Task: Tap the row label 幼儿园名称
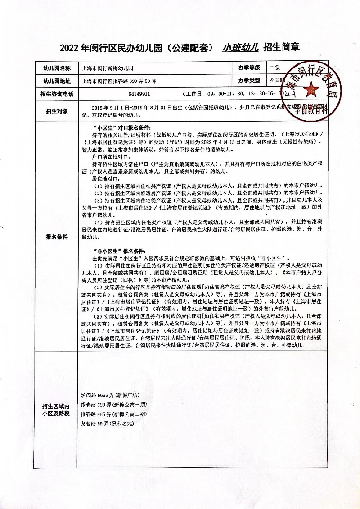(57, 68)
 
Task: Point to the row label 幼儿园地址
(57, 81)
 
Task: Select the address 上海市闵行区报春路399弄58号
(119, 81)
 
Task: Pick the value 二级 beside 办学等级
(275, 68)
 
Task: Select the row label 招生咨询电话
(57, 95)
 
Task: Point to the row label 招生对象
(57, 111)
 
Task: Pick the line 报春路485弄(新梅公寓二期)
(113, 414)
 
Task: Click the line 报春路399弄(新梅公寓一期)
(113, 404)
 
